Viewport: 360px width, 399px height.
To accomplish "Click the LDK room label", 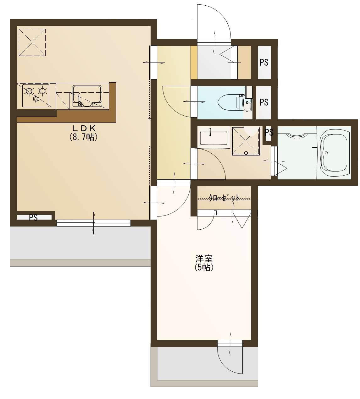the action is click(84, 128).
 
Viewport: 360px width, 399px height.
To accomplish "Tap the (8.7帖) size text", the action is click(84, 137).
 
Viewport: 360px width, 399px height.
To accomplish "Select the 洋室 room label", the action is click(204, 259).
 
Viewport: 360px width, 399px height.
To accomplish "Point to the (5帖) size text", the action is click(204, 268).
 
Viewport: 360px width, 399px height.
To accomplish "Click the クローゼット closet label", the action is click(224, 198).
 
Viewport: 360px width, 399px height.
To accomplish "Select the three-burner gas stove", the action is click(36, 96).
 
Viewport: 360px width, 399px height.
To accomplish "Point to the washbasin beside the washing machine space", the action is click(213, 138).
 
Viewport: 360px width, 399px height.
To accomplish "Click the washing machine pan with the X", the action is click(246, 141).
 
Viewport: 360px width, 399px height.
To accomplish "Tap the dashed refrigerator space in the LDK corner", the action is click(32, 42).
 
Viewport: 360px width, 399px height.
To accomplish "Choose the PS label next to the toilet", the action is click(264, 102).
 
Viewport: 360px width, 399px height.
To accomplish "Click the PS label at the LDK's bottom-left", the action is click(33, 218).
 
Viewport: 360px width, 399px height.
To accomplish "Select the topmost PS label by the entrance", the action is click(264, 63).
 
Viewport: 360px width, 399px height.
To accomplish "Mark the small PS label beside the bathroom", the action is click(269, 132).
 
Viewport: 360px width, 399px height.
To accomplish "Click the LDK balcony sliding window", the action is click(94, 223).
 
